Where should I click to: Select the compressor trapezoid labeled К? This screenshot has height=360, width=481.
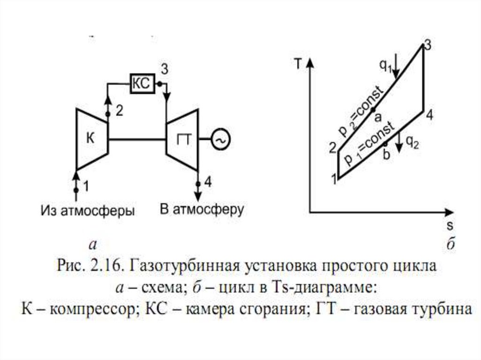(92, 139)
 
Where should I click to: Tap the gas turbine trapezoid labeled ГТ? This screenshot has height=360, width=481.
(182, 139)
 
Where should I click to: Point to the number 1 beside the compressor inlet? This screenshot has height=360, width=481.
(85, 186)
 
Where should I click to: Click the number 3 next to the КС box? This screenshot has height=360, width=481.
(164, 69)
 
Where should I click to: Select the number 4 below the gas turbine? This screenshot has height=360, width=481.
(208, 183)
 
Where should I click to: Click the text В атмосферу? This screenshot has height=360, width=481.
(202, 209)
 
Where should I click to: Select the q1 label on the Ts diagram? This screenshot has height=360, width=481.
(385, 66)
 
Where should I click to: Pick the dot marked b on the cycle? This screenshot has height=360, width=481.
(386, 143)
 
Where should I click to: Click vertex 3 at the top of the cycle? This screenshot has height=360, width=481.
(424, 48)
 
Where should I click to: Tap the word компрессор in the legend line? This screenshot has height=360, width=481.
(90, 310)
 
